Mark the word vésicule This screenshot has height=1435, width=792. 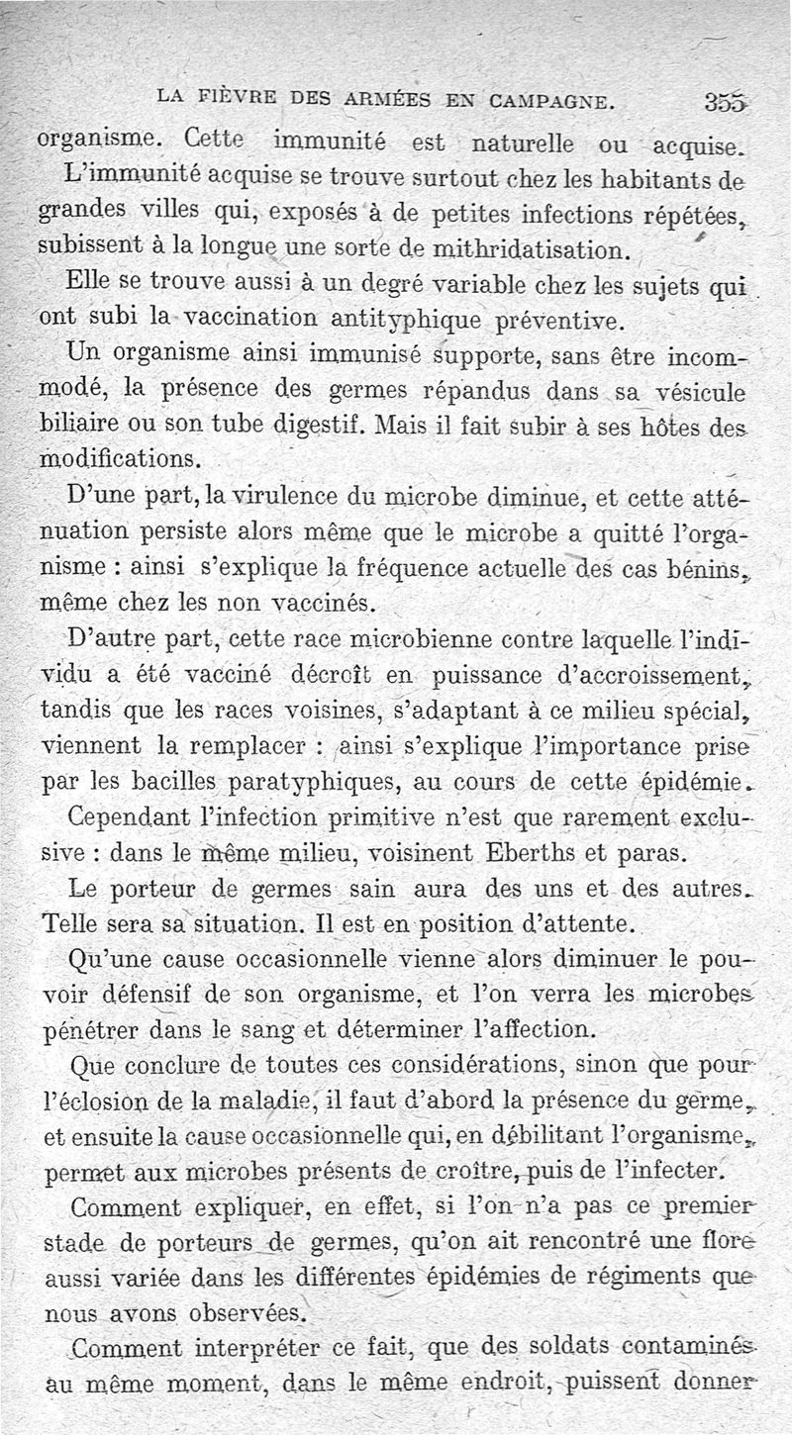693,392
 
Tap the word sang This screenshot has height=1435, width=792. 268,1028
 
